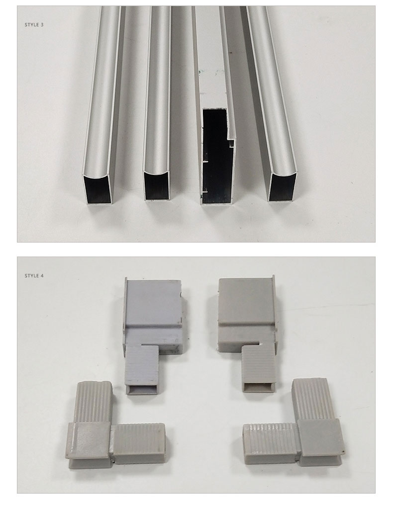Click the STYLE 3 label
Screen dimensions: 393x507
34,24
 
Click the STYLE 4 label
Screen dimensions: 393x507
34,275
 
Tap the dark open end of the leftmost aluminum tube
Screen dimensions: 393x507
98,189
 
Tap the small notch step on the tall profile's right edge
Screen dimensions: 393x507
231,140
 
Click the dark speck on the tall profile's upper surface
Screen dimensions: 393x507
231,52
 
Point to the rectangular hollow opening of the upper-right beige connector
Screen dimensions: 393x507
259,387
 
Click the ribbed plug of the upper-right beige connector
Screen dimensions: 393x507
259,365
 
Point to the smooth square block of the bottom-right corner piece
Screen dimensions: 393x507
321,440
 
